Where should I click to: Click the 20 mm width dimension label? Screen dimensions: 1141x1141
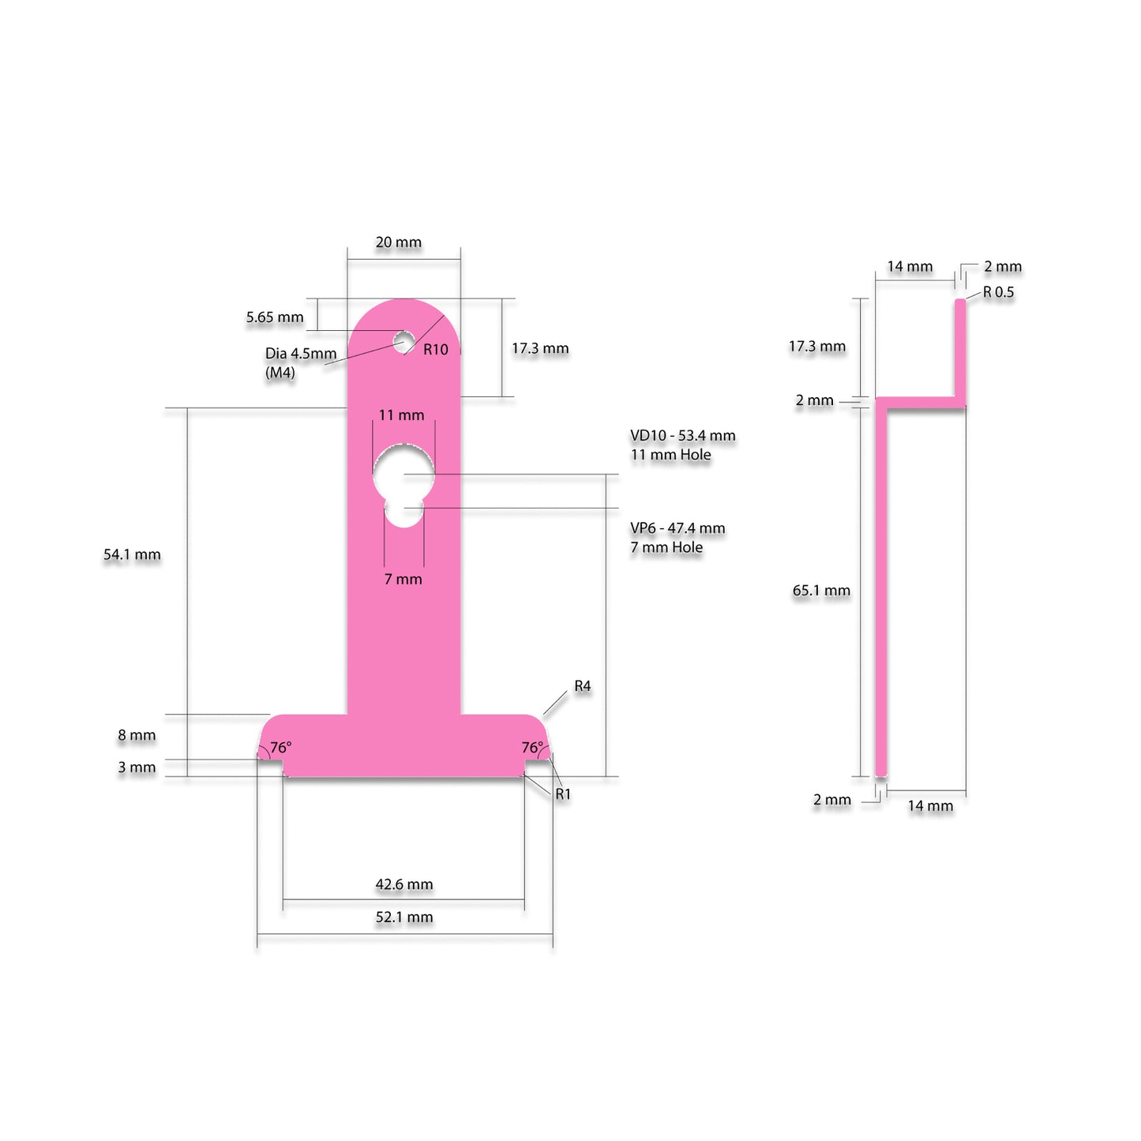click(399, 242)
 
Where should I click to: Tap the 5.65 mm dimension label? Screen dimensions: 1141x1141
click(275, 317)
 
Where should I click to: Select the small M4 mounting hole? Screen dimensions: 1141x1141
click(403, 341)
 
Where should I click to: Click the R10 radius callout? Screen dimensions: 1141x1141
click(436, 350)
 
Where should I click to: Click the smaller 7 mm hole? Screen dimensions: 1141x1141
click(403, 512)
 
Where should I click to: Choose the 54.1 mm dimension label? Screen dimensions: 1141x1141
click(132, 555)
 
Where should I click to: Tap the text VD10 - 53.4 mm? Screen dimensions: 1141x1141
click(683, 436)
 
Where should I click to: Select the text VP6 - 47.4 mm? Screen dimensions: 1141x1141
click(677, 528)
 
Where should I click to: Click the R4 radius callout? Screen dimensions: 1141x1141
click(583, 686)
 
